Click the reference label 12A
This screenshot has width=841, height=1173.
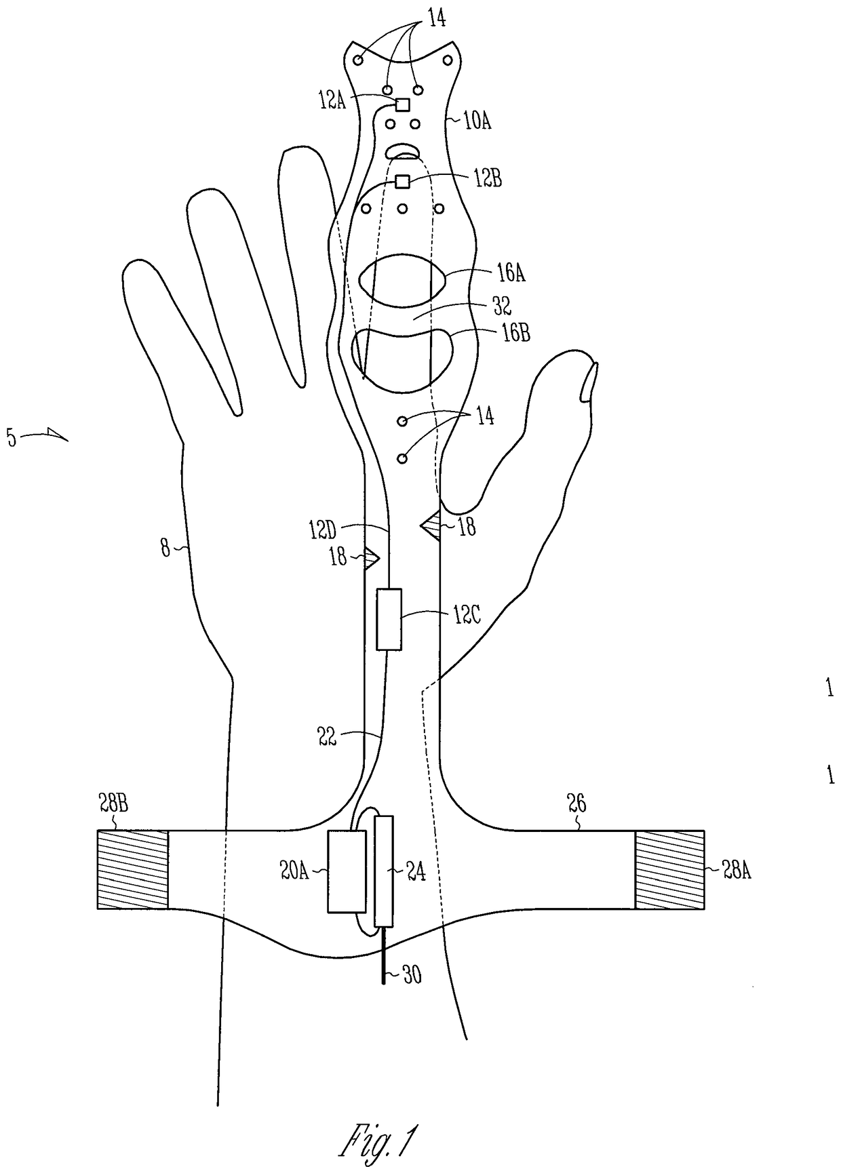pos(332,102)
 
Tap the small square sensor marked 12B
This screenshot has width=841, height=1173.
pos(402,181)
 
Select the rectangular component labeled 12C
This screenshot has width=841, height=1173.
pos(389,619)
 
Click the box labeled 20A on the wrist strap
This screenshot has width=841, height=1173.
pos(347,871)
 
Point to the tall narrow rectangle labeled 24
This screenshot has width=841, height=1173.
pos(385,871)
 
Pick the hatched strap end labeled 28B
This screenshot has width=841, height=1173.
pos(132,869)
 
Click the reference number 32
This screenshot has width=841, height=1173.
pos(501,306)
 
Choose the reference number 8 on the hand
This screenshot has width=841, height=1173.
pos(165,547)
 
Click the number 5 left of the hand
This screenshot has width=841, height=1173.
pos(12,437)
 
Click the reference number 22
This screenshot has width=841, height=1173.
pos(327,736)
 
